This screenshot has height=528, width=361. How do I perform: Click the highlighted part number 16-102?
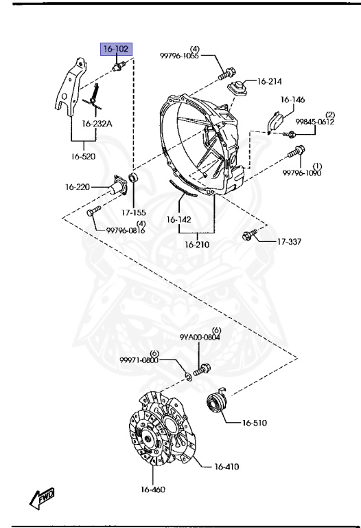[x=116, y=49]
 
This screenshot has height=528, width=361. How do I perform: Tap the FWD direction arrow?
[x=42, y=498]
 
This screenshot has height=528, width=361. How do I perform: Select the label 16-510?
[x=255, y=423]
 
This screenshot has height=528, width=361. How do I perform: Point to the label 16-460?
[x=153, y=489]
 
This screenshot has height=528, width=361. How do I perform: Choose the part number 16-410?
[x=227, y=466]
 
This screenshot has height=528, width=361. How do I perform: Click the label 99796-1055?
[x=179, y=56]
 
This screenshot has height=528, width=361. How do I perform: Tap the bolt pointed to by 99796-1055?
[x=227, y=74]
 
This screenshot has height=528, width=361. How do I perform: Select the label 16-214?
[x=270, y=81]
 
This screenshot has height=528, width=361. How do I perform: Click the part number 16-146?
[x=292, y=100]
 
